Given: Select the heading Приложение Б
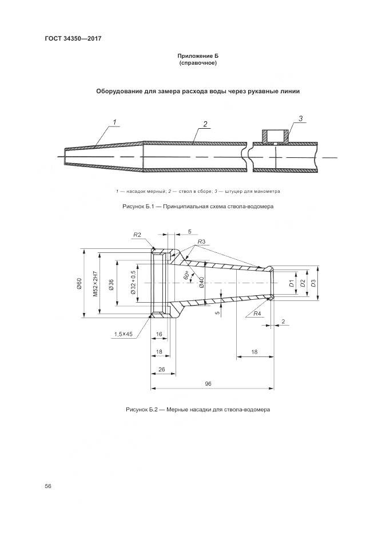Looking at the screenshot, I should tap(198, 56).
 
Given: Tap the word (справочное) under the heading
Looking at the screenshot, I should tap(198, 63).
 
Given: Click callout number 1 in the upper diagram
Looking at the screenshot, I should tap(114, 122).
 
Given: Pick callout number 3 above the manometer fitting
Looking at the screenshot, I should tap(300, 119).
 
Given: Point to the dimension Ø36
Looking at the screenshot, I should tap(111, 283).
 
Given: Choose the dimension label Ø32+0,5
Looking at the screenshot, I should tap(133, 283).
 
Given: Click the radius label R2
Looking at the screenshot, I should tap(137, 235).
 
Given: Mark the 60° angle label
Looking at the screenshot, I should tap(186, 275).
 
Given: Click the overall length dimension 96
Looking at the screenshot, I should tap(208, 384).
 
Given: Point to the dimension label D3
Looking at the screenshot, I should tap(312, 283).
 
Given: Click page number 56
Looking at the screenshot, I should tap(48, 486).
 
